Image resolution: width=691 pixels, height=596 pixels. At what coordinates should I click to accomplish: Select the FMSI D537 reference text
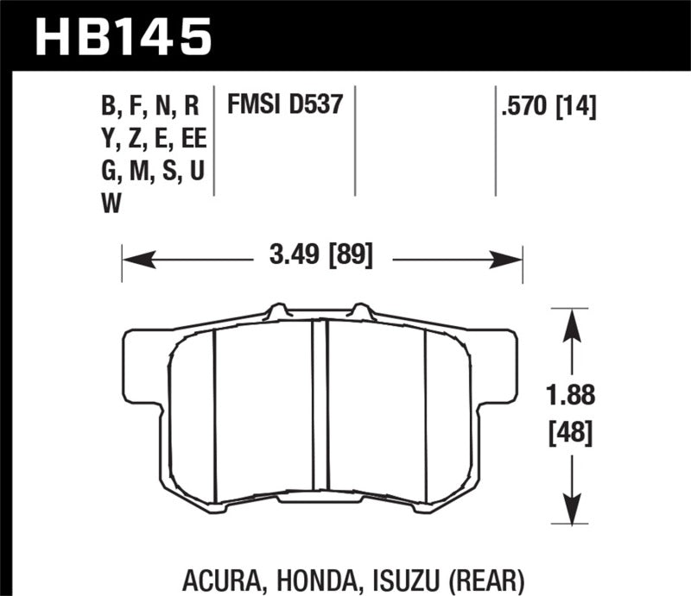(286, 105)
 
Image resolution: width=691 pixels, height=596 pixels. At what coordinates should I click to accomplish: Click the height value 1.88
(569, 396)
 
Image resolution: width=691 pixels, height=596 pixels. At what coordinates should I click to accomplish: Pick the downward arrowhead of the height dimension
(568, 509)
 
